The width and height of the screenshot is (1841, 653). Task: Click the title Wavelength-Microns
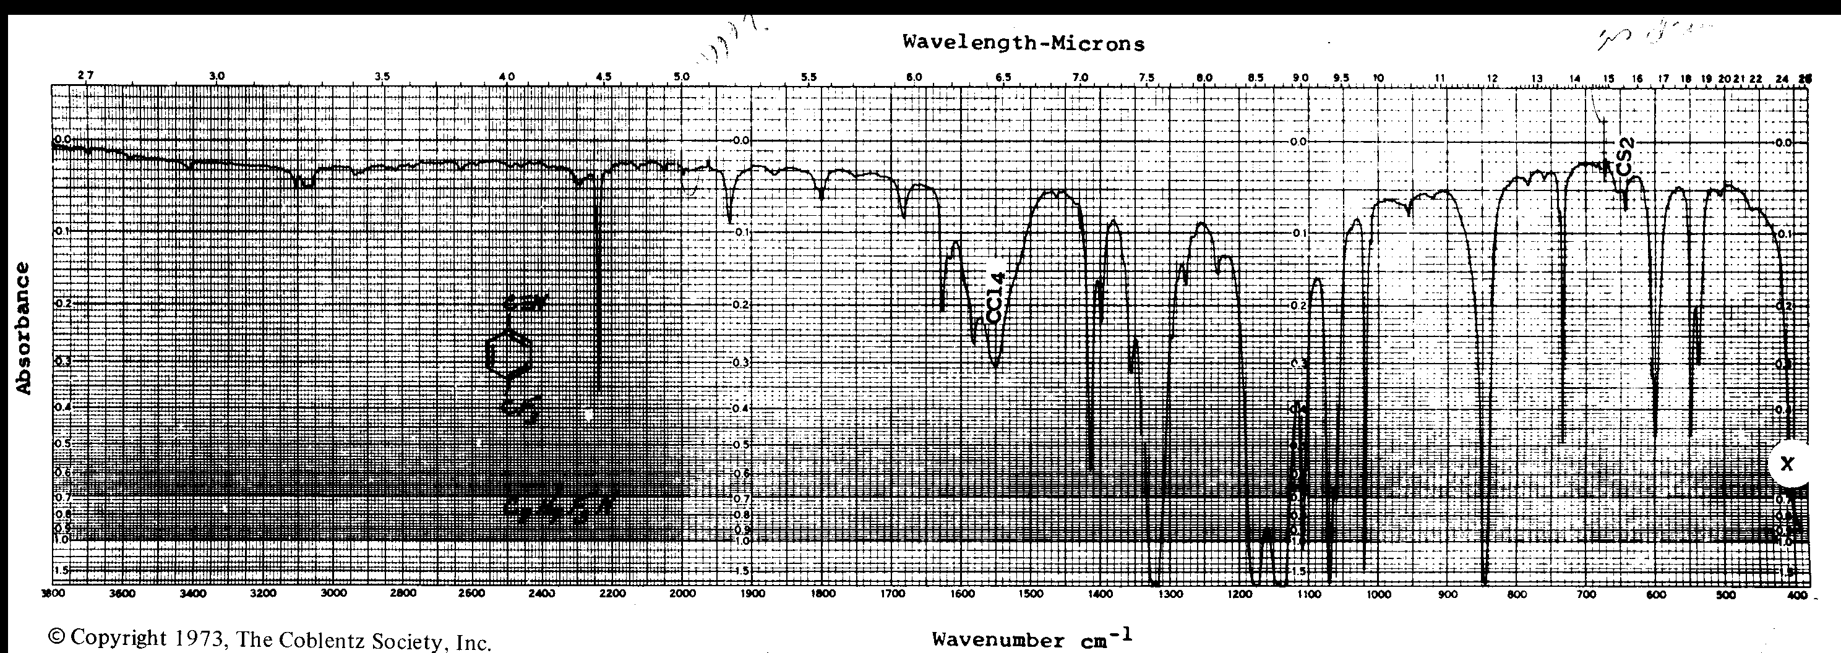coord(1023,43)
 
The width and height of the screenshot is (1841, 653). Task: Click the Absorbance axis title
coord(24,328)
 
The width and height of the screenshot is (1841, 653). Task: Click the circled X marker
coord(1787,464)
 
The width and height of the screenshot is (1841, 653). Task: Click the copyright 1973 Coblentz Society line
coord(270,639)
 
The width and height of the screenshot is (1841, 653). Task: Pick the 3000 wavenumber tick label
coord(333,594)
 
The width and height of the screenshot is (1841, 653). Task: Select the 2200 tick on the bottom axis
coord(612,594)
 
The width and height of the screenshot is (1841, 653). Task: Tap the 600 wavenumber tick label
coord(1656,594)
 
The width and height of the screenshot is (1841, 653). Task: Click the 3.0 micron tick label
coord(217,75)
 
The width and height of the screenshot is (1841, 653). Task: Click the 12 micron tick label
coord(1491,77)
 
